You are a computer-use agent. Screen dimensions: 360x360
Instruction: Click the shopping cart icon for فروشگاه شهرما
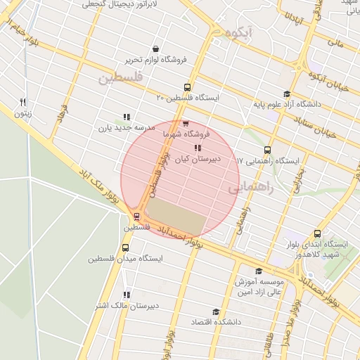(185, 124)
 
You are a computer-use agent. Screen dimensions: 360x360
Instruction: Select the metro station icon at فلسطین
(136, 217)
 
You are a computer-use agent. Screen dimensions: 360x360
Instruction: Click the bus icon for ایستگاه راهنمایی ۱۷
(267, 150)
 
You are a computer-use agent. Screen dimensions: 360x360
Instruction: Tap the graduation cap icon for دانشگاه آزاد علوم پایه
(286, 94)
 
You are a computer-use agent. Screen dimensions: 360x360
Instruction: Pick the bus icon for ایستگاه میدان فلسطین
(126, 247)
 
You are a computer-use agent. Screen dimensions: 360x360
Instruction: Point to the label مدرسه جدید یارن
(125, 128)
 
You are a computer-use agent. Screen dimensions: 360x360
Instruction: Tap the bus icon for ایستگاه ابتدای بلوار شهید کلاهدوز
(318, 233)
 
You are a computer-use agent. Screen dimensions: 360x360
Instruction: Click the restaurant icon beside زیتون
(23, 102)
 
